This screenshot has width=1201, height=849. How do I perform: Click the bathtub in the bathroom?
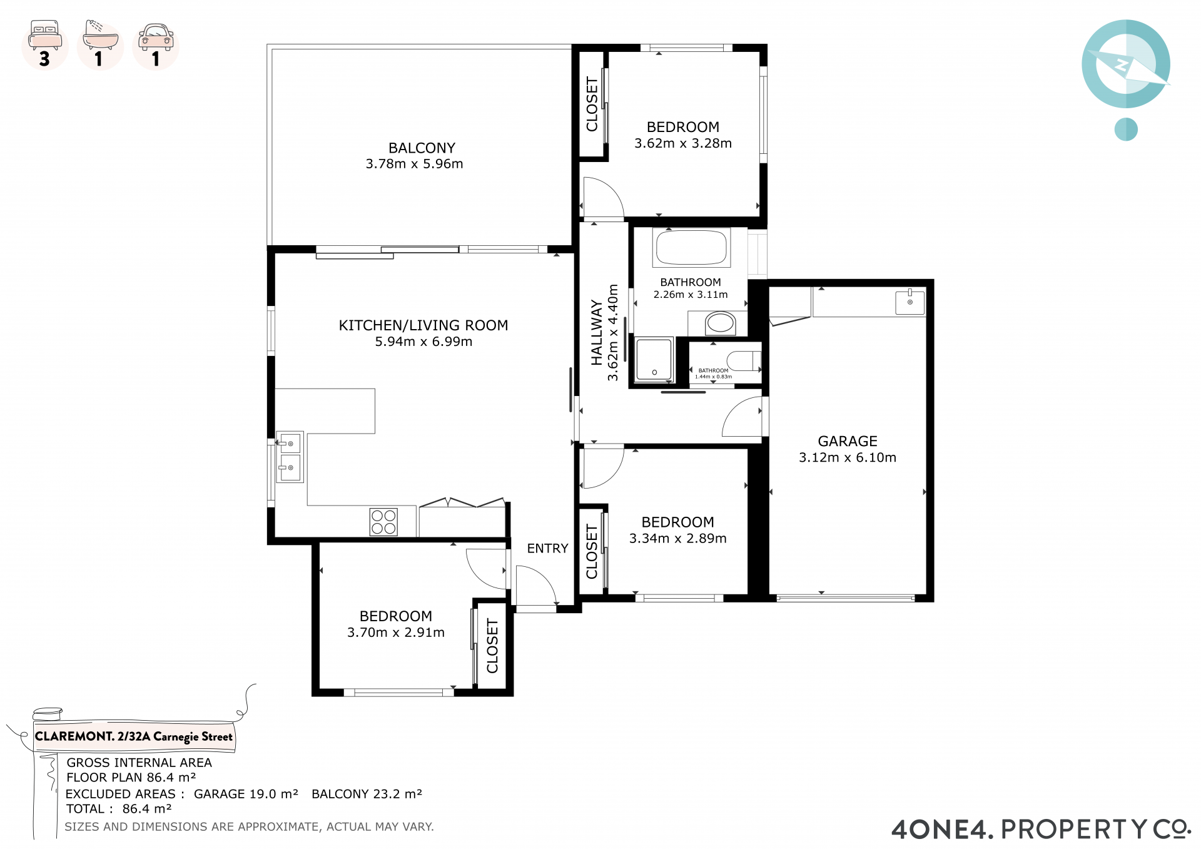tap(691, 247)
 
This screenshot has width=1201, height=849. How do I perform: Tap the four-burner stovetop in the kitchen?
tap(383, 522)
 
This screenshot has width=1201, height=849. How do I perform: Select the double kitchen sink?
tap(290, 457)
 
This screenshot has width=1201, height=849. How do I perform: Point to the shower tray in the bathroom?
tap(654, 359)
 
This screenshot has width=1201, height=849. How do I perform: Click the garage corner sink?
tap(910, 302)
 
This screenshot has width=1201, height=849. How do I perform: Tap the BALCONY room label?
tap(422, 148)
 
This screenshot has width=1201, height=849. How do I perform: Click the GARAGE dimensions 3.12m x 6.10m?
tap(848, 457)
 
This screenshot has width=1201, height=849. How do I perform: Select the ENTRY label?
tap(547, 548)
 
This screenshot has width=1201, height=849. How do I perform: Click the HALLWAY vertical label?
tap(597, 332)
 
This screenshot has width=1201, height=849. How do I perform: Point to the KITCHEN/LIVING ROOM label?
tap(423, 325)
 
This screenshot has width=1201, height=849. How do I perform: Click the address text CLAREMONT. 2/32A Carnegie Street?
tap(133, 736)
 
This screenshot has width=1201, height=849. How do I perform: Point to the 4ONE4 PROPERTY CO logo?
tap(1041, 829)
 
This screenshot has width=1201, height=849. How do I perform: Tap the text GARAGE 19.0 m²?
tap(246, 793)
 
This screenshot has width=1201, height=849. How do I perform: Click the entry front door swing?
tap(535, 585)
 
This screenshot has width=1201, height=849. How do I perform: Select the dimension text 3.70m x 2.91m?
tap(396, 633)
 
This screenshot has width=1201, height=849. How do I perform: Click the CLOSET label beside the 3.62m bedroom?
tap(592, 104)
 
